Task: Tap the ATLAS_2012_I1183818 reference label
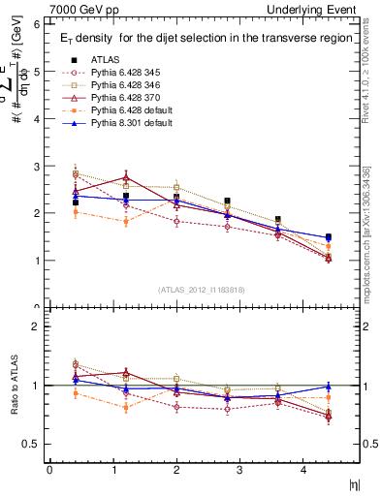point(189,289)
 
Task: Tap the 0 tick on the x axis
point(49,469)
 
